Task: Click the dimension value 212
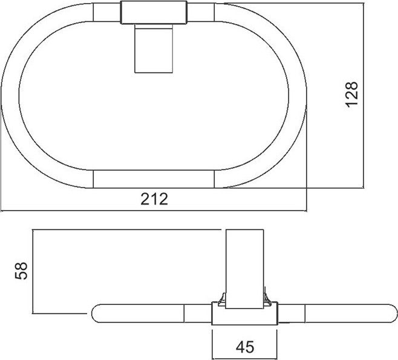click(154, 199)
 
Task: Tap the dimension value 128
click(352, 94)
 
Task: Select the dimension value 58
click(21, 271)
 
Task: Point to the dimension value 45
click(245, 347)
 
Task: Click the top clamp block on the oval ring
click(154, 13)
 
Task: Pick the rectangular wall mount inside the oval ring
click(154, 48)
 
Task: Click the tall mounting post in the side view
click(244, 269)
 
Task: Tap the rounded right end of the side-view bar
click(391, 313)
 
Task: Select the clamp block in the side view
click(245, 313)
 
